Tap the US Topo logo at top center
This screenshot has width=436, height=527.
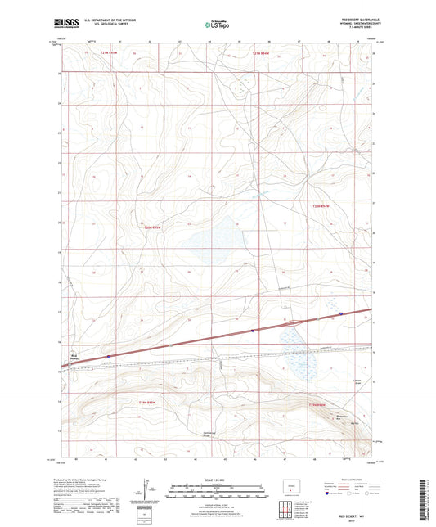pyautogui.click(x=217, y=25)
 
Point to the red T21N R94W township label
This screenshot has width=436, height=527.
pyautogui.click(x=261, y=54)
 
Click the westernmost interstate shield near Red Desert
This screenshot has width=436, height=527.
pyautogui.click(x=108, y=355)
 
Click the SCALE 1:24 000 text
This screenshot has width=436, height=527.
pyautogui.click(x=217, y=479)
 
